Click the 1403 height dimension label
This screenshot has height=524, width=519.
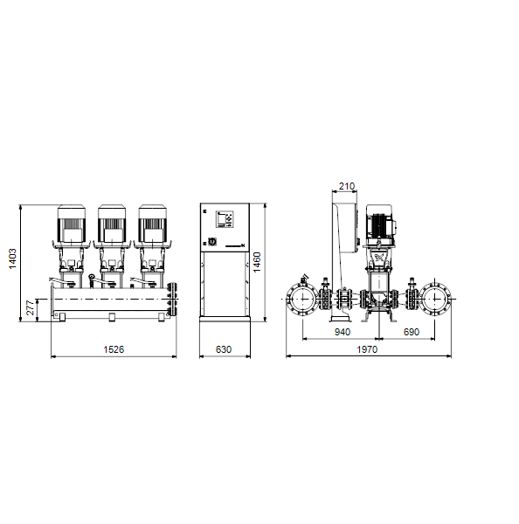click(x=12, y=259)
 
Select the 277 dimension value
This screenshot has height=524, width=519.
click(x=31, y=307)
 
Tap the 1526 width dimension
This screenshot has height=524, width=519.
click(x=114, y=349)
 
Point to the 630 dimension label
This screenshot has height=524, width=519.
click(x=224, y=349)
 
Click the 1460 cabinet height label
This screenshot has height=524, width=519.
click(x=257, y=262)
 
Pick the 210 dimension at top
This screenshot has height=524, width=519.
click(x=347, y=186)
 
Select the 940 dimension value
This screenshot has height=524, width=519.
click(x=343, y=332)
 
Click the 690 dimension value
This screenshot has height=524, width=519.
click(x=411, y=332)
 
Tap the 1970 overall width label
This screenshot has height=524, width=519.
click(x=367, y=349)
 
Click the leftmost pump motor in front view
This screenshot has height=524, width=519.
click(x=72, y=224)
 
